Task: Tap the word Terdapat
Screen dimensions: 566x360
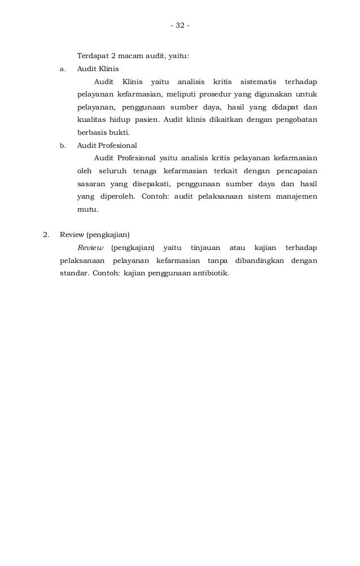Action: click(x=93, y=57)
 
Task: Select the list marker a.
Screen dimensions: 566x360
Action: click(x=62, y=71)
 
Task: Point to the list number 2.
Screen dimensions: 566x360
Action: click(x=47, y=235)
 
